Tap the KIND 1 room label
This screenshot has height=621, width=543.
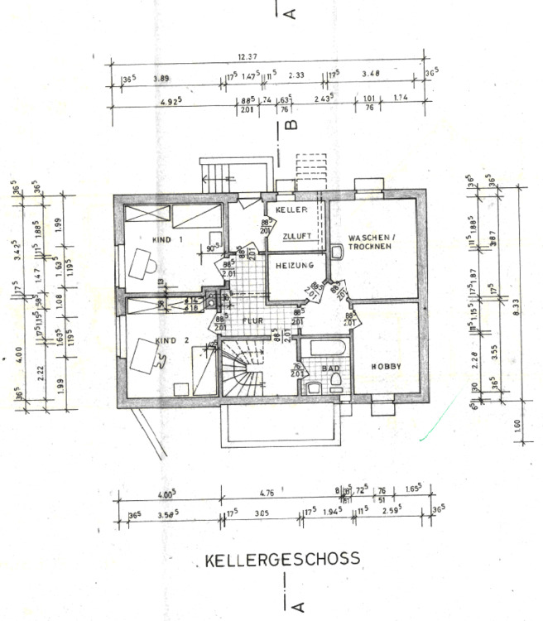coord(168,240)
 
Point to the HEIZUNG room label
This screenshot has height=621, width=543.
coord(294,266)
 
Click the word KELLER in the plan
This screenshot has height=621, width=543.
coord(292,210)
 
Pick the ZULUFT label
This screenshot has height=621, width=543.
coord(296,237)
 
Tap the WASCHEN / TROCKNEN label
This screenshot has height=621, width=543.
coord(372,242)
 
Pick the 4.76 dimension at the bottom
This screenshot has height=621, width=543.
coord(267,493)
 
